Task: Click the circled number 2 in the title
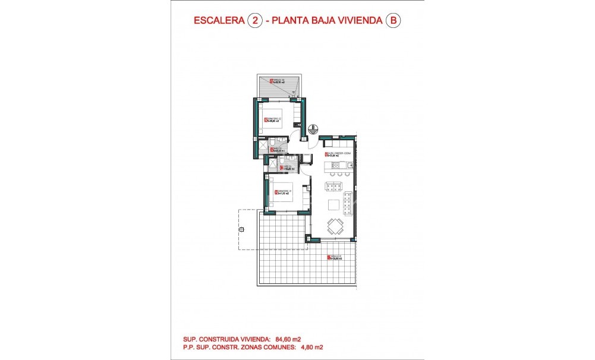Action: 255,21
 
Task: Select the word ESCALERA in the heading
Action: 219,21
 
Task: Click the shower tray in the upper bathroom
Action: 261,146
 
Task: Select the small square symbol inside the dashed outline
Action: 241,229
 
